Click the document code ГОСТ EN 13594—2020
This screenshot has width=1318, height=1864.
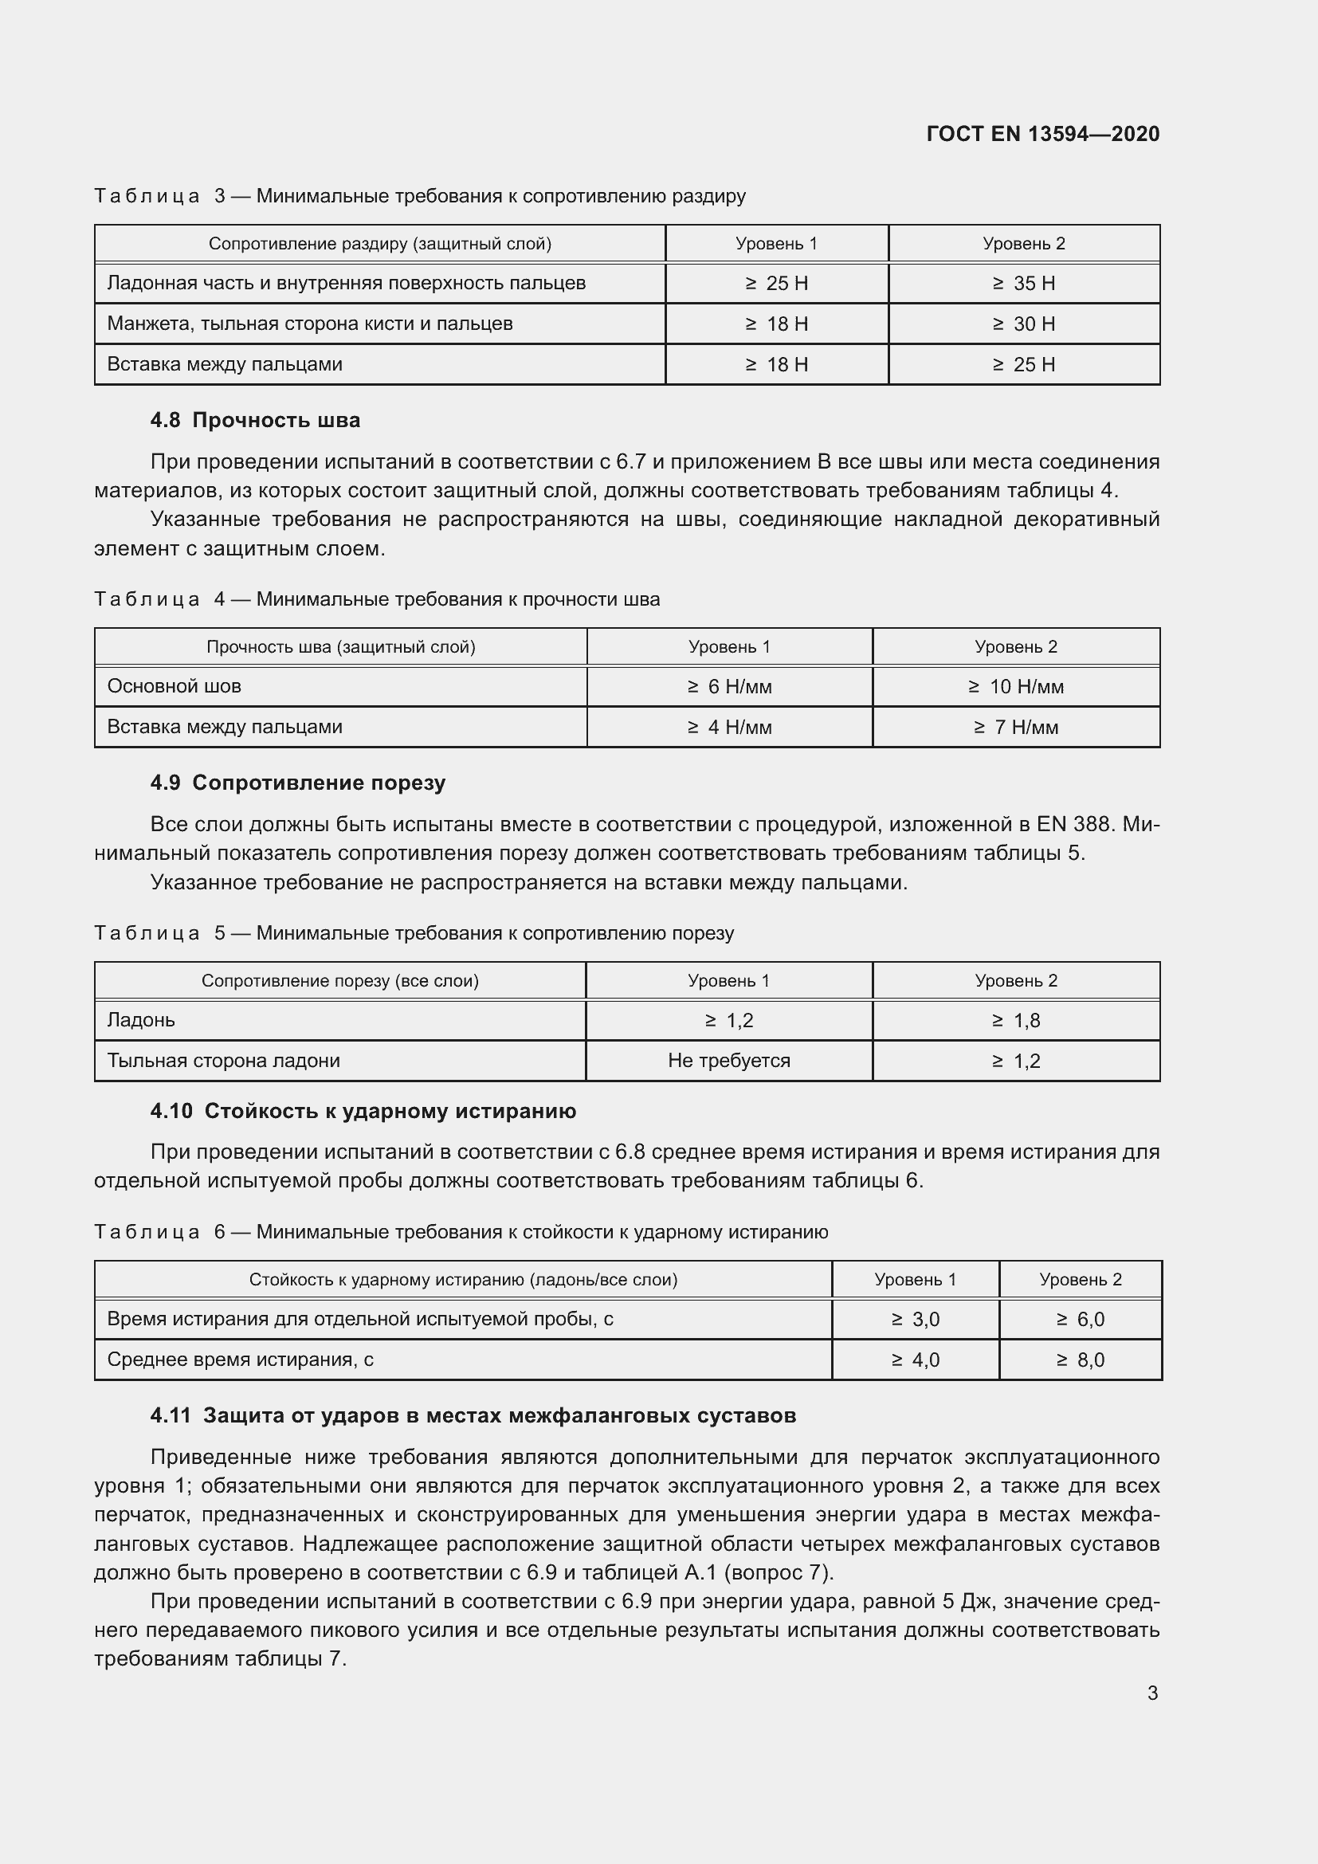pyautogui.click(x=1042, y=134)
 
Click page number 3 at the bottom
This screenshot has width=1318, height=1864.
pyautogui.click(x=1152, y=1693)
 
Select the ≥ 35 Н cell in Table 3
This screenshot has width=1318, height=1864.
pyautogui.click(x=1023, y=284)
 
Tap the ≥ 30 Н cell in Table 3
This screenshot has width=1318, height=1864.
pyautogui.click(x=1023, y=324)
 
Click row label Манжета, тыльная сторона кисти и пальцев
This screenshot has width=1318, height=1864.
pyautogui.click(x=309, y=324)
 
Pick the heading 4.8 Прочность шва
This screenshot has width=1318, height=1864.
pyautogui.click(x=255, y=420)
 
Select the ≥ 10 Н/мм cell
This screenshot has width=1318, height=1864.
pyautogui.click(x=1015, y=687)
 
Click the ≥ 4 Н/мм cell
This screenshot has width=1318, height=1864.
pyautogui.click(x=729, y=728)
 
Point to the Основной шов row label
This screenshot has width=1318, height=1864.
pyautogui.click(x=174, y=686)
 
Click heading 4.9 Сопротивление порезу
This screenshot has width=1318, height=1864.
pyautogui.click(x=297, y=783)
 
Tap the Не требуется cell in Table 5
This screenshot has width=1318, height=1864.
pyautogui.click(x=729, y=1060)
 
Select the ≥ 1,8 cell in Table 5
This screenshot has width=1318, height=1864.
pyautogui.click(x=1015, y=1021)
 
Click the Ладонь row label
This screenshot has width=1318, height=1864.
pyautogui.click(x=140, y=1020)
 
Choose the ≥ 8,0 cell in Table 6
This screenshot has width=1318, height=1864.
pyautogui.click(x=1080, y=1360)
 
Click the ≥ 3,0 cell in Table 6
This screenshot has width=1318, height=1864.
pyautogui.click(x=915, y=1319)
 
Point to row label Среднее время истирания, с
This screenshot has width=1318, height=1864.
pyautogui.click(x=240, y=1359)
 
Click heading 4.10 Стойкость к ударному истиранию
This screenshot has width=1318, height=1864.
pyautogui.click(x=363, y=1111)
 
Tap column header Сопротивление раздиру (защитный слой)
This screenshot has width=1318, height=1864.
pyautogui.click(x=380, y=244)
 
